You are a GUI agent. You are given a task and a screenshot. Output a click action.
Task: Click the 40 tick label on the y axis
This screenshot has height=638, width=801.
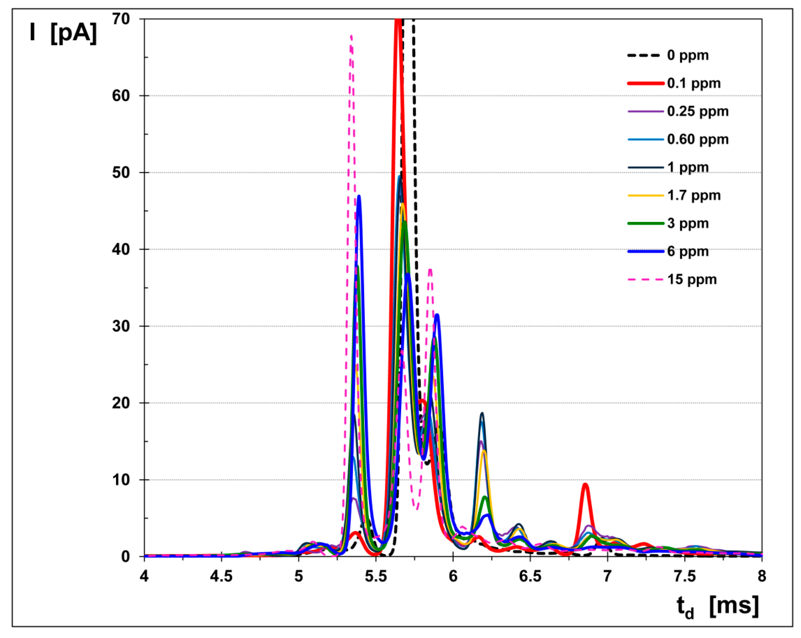coord(121,249)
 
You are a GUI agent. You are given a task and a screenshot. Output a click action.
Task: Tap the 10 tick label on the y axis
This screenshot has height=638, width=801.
coord(121,480)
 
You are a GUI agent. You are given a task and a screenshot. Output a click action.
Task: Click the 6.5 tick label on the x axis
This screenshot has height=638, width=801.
coord(530,576)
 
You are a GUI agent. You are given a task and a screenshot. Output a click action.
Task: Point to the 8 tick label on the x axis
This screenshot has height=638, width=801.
coord(762,576)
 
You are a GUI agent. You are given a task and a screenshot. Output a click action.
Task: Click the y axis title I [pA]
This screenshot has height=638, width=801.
coord(63,33)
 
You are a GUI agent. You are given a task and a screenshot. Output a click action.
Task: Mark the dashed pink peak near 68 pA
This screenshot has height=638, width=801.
coord(351,36)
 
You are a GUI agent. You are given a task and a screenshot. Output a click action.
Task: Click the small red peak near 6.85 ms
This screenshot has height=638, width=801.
coord(586,484)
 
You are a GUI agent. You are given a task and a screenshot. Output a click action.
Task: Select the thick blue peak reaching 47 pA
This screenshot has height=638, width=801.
coord(358,196)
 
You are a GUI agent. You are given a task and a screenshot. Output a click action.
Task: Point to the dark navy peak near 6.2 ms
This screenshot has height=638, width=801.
coord(482,413)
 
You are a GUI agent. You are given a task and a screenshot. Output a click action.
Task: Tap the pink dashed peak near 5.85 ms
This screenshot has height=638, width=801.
coord(430,269)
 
